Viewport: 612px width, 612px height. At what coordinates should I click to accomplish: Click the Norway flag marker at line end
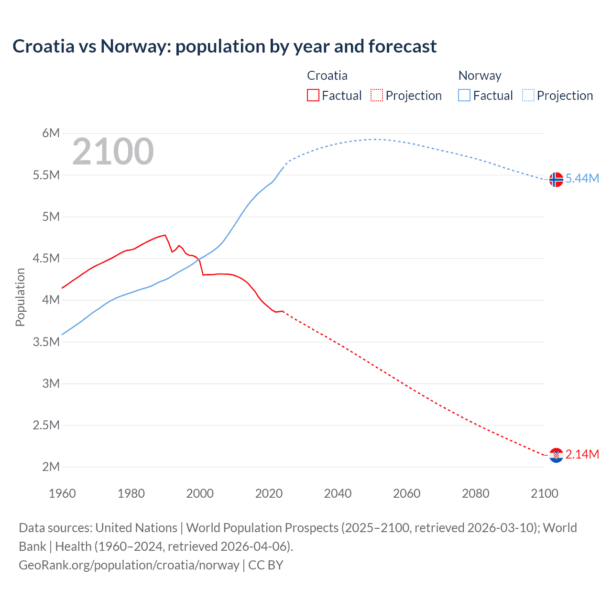(x=556, y=179)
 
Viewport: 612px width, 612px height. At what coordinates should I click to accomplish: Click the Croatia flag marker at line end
(x=556, y=455)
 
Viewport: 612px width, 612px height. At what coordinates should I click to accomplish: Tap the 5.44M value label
(x=582, y=178)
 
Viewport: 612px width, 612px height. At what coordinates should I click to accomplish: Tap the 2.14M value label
(x=582, y=454)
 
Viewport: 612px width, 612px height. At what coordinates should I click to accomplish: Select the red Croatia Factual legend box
(x=313, y=95)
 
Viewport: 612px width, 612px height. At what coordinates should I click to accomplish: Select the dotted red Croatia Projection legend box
(x=376, y=95)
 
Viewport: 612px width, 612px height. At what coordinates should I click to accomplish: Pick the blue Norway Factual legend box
(x=464, y=95)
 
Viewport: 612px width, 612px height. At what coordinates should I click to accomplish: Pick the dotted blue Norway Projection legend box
(x=528, y=95)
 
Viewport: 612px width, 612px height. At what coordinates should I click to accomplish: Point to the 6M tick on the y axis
(x=51, y=133)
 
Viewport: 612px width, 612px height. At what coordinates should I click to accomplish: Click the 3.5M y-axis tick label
(x=46, y=342)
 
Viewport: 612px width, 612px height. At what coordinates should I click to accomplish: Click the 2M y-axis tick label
(x=51, y=467)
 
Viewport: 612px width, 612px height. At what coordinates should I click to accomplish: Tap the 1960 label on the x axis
(x=62, y=493)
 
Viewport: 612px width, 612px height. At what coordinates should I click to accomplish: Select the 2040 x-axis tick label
(x=338, y=493)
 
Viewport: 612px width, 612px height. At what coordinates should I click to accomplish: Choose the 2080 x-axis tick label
(x=475, y=493)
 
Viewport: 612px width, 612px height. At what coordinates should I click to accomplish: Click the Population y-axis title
(x=20, y=297)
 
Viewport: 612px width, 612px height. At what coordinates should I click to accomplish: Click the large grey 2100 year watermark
(x=113, y=152)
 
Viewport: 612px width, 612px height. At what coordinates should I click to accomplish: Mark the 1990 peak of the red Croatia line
(x=165, y=235)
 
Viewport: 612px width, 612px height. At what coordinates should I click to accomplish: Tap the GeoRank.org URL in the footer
(x=129, y=565)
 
